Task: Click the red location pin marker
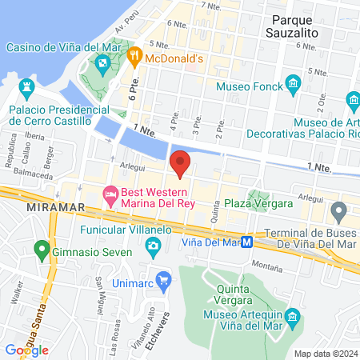(181, 163)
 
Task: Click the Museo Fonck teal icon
(294, 84)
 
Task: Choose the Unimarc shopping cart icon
(165, 280)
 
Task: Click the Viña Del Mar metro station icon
(248, 242)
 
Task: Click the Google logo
(26, 350)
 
